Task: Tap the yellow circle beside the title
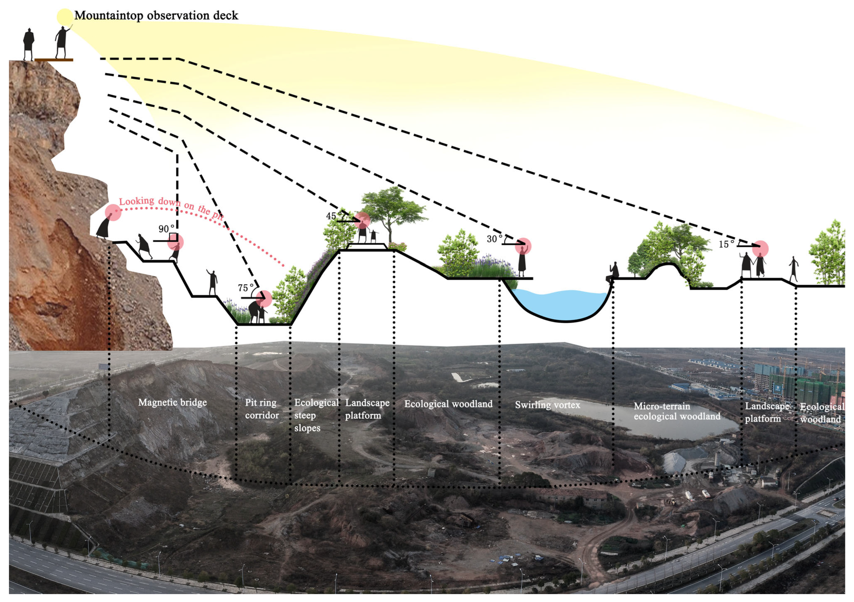point(64,16)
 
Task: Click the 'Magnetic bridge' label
point(172,402)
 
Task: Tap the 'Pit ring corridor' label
point(261,409)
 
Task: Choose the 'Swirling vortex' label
point(547,405)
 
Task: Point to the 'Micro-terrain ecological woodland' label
point(677,411)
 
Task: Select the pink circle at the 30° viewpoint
point(523,246)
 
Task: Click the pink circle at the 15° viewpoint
point(760,248)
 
